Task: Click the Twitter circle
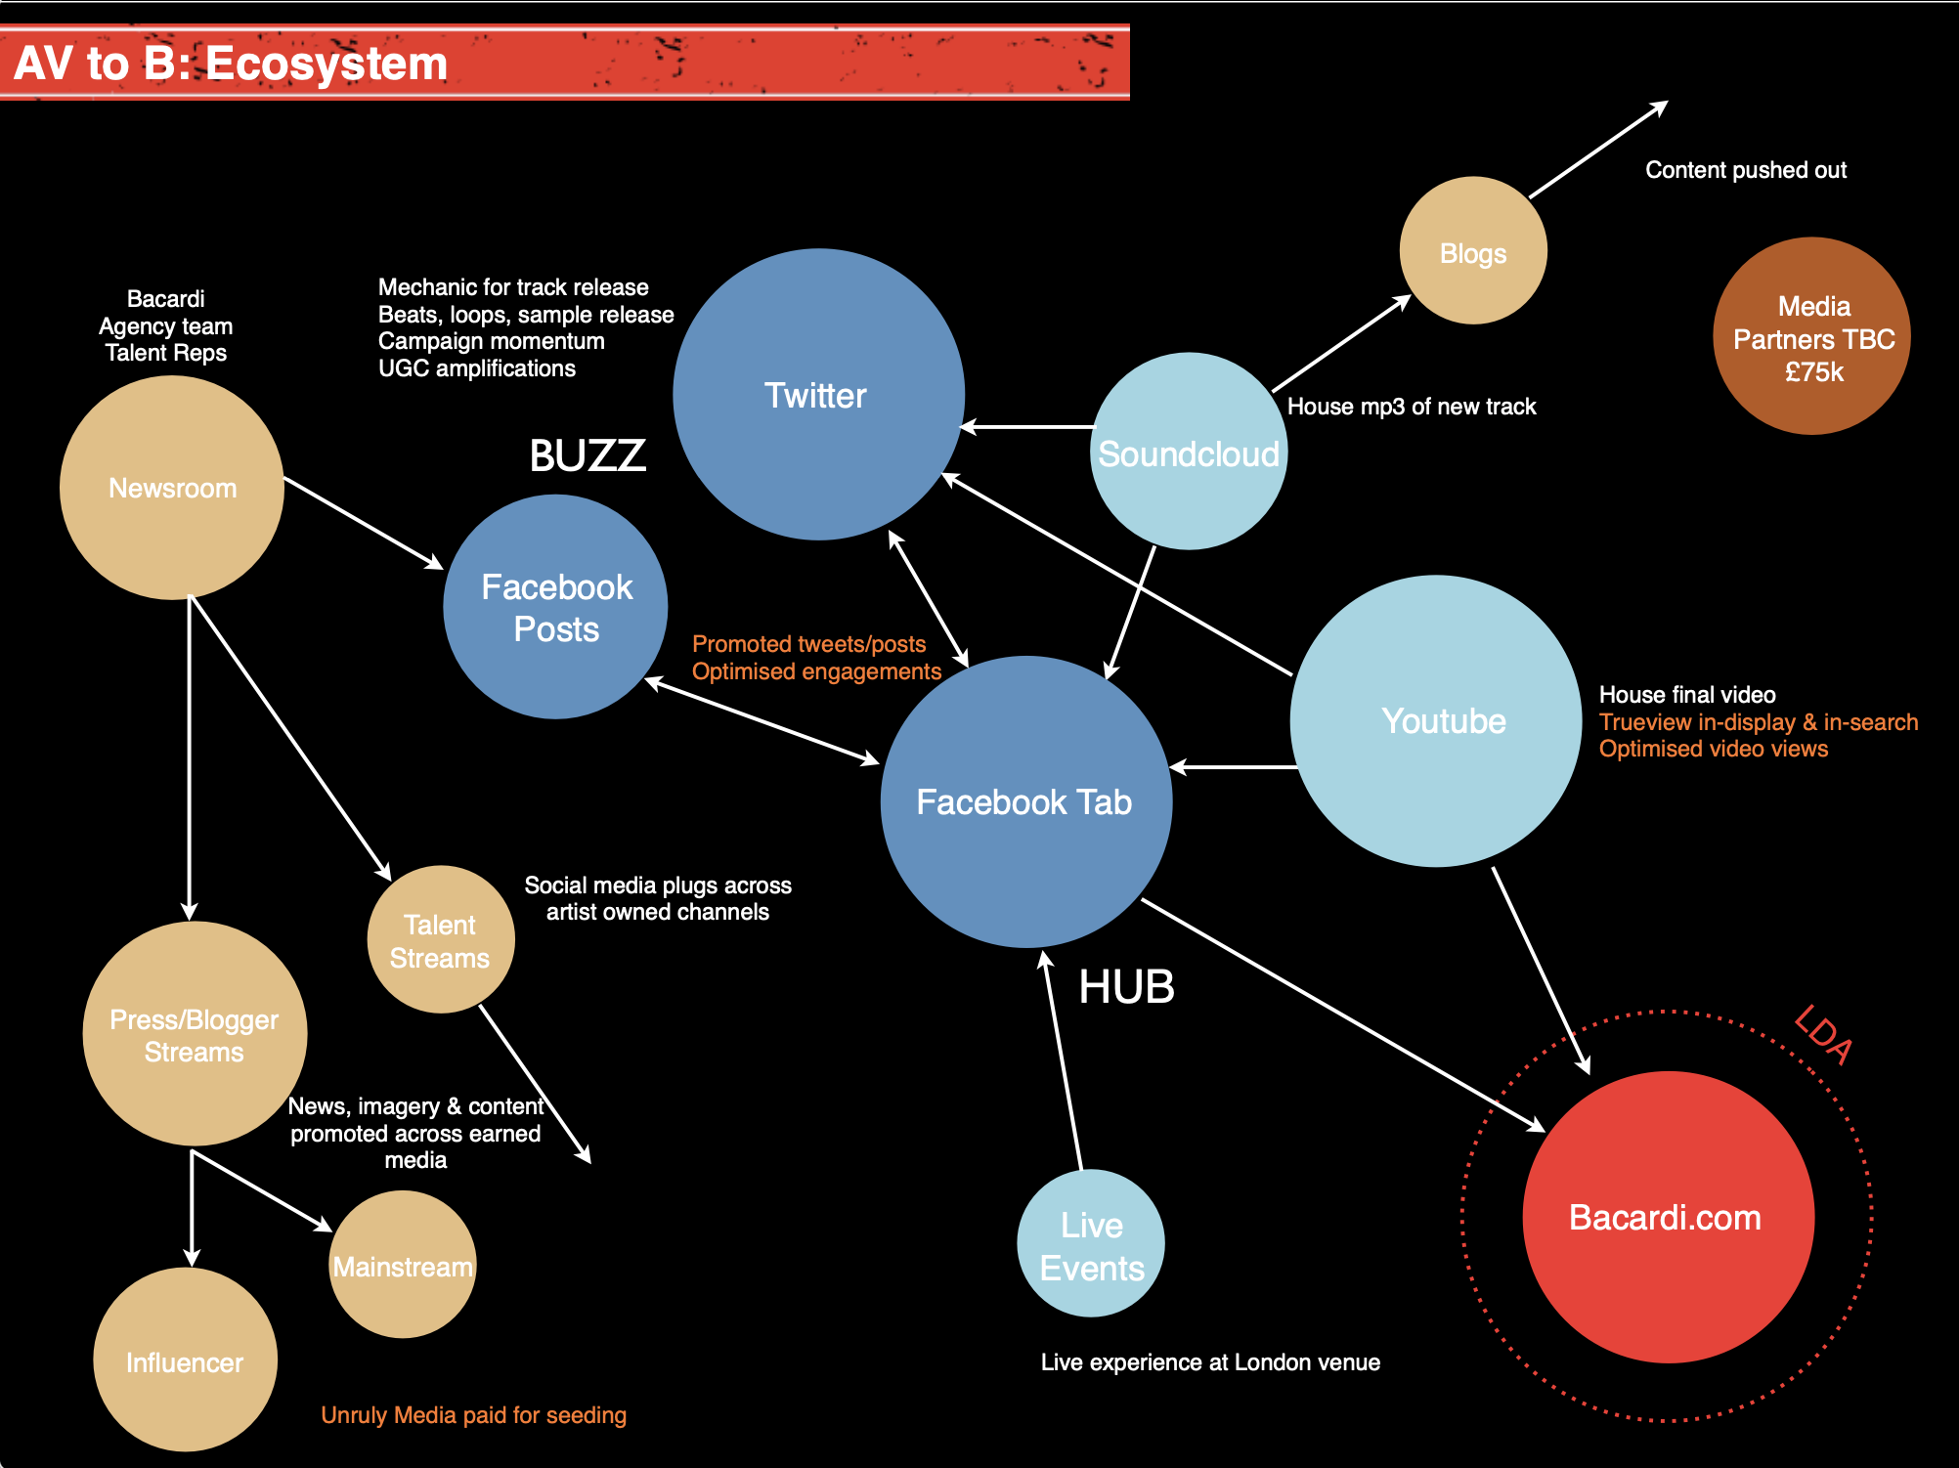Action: pos(818,394)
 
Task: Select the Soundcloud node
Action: pos(1188,452)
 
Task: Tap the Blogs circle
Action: pos(1473,251)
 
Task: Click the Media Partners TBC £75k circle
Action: pos(1811,336)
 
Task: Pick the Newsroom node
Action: pos(172,488)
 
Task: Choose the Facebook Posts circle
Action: pos(555,607)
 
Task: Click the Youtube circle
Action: pos(1436,720)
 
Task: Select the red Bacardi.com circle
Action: pos(1668,1217)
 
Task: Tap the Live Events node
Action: pos(1091,1243)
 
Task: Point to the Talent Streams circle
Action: pos(441,939)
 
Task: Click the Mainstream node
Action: pos(402,1265)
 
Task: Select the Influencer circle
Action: pos(185,1360)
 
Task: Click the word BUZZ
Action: pos(588,455)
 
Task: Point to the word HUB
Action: pos(1126,987)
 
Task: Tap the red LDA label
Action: pos(1823,1035)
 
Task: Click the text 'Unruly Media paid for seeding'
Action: pos(473,1415)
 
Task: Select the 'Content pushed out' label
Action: pos(1746,170)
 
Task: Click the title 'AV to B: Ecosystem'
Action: pos(231,64)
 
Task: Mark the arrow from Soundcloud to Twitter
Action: pos(1028,427)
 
